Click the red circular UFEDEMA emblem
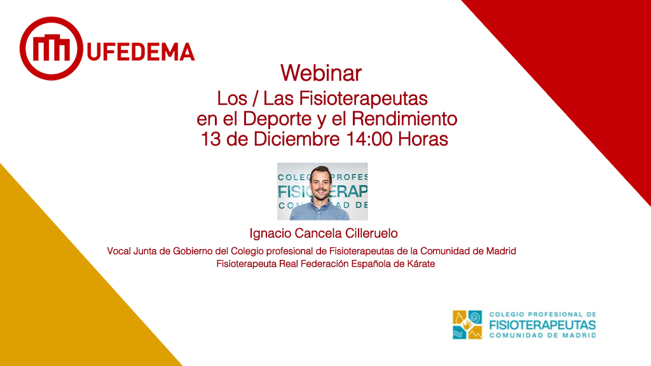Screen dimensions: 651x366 pyautogui.click(x=51, y=48)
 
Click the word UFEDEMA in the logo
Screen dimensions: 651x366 pyautogui.click(x=141, y=52)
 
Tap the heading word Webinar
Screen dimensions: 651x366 pyautogui.click(x=321, y=73)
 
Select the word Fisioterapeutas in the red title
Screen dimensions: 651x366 pyautogui.click(x=363, y=98)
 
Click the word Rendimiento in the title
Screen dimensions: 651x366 pyautogui.click(x=404, y=119)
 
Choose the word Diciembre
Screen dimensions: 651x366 pyautogui.click(x=297, y=139)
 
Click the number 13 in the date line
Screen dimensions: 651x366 pyautogui.click(x=211, y=139)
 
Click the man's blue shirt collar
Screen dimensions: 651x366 pyautogui.click(x=320, y=204)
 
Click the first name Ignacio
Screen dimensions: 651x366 pyautogui.click(x=270, y=234)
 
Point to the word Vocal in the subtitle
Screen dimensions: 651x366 pyautogui.click(x=119, y=251)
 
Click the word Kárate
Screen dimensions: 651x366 pyautogui.click(x=421, y=264)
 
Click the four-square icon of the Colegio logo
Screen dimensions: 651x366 pyautogui.click(x=467, y=325)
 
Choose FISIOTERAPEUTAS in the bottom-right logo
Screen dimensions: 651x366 pyautogui.click(x=543, y=325)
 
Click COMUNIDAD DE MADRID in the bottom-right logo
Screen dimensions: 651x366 pyautogui.click(x=543, y=335)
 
